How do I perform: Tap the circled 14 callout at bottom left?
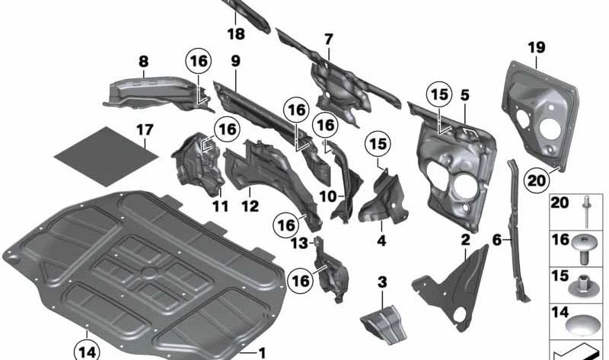click(x=86, y=350)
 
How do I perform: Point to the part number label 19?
click(x=537, y=48)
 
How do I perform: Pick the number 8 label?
click(x=144, y=61)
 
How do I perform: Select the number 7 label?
click(x=328, y=38)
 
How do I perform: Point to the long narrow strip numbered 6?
click(x=516, y=228)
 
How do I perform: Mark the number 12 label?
click(x=250, y=205)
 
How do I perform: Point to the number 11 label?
click(x=219, y=205)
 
